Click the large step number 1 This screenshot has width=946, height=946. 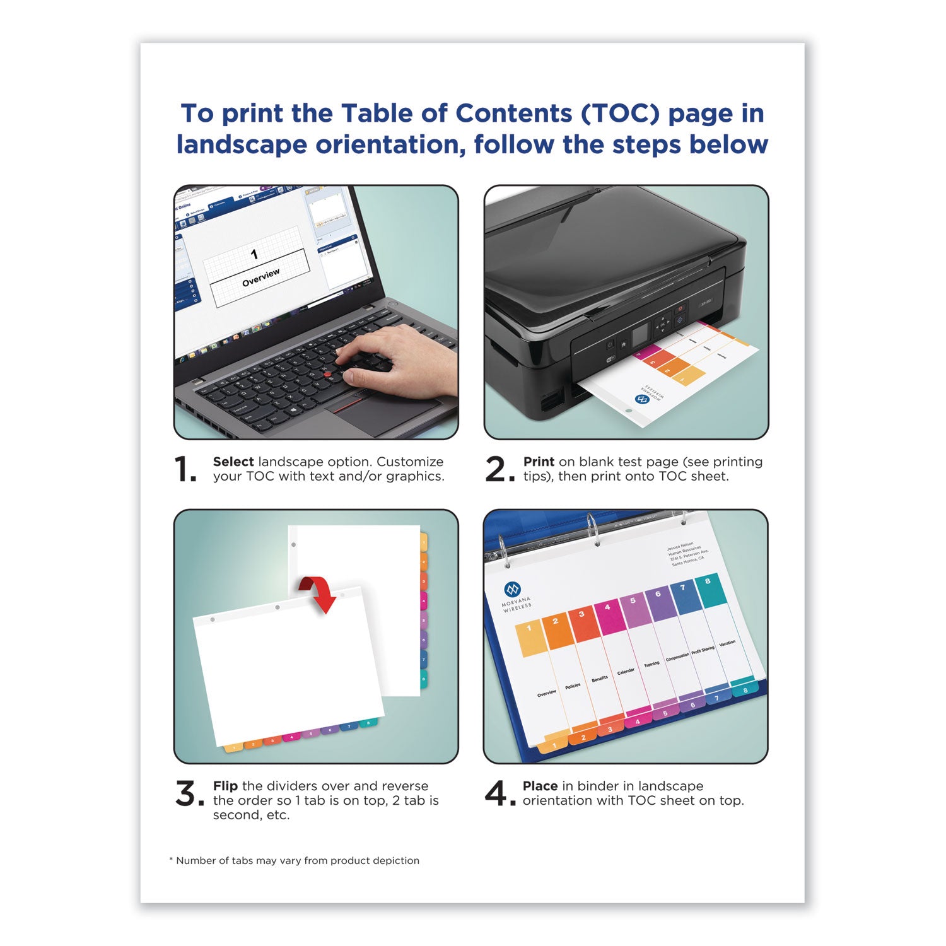[x=185, y=469]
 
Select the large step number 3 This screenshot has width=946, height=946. [x=188, y=793]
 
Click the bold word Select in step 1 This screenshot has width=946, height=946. [x=233, y=462]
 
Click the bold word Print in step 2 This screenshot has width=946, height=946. [x=539, y=462]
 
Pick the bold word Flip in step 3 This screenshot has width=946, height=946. [x=225, y=786]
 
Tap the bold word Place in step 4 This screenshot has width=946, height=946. [x=540, y=786]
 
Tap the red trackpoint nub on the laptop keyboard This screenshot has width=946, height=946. [x=327, y=375]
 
